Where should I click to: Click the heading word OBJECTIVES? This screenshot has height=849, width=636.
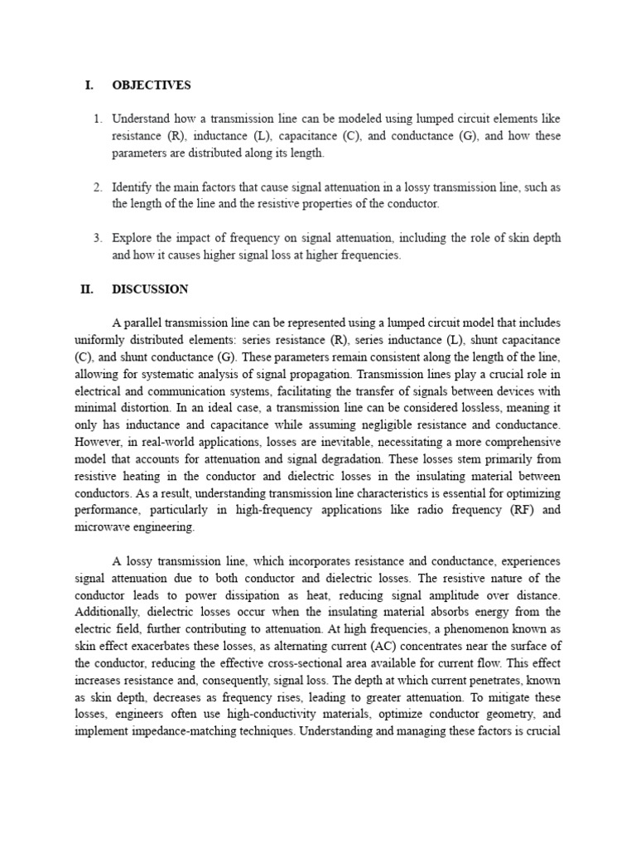point(151,85)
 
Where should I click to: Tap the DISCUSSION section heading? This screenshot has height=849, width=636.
point(150,289)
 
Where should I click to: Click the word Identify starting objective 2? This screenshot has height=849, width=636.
point(132,187)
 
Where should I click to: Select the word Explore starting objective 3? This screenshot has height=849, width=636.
point(132,239)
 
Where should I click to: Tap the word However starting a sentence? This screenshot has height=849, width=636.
point(97,442)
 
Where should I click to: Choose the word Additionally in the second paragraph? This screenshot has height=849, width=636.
point(106,612)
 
